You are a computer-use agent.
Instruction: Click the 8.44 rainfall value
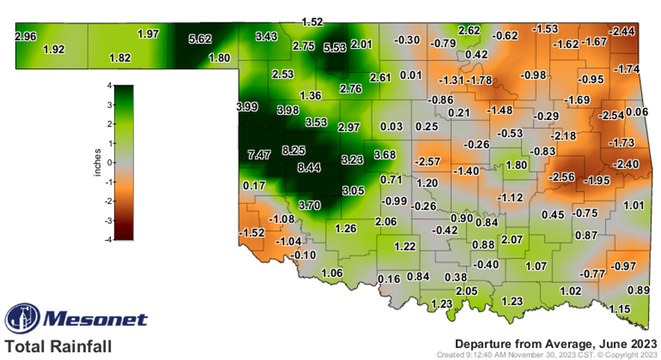pyautogui.click(x=309, y=167)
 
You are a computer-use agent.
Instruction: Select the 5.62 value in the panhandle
pyautogui.click(x=201, y=40)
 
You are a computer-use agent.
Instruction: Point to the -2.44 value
pyautogui.click(x=622, y=30)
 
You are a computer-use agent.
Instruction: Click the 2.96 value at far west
pyautogui.click(x=25, y=35)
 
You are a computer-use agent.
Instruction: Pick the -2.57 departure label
pyautogui.click(x=428, y=162)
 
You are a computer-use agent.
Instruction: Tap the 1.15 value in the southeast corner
pyautogui.click(x=620, y=308)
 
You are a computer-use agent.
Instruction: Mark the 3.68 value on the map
pyautogui.click(x=384, y=154)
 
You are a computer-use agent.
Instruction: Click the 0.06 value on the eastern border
pyautogui.click(x=637, y=112)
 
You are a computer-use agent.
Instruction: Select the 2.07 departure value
pyautogui.click(x=512, y=240)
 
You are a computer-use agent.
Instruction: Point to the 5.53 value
pyautogui.click(x=335, y=47)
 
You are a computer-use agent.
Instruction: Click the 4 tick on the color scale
pyautogui.click(x=108, y=85)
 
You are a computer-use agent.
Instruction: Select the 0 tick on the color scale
pyautogui.click(x=108, y=162)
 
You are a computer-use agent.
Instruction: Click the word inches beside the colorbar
pyautogui.click(x=97, y=162)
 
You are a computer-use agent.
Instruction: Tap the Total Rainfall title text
pyautogui.click(x=58, y=347)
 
